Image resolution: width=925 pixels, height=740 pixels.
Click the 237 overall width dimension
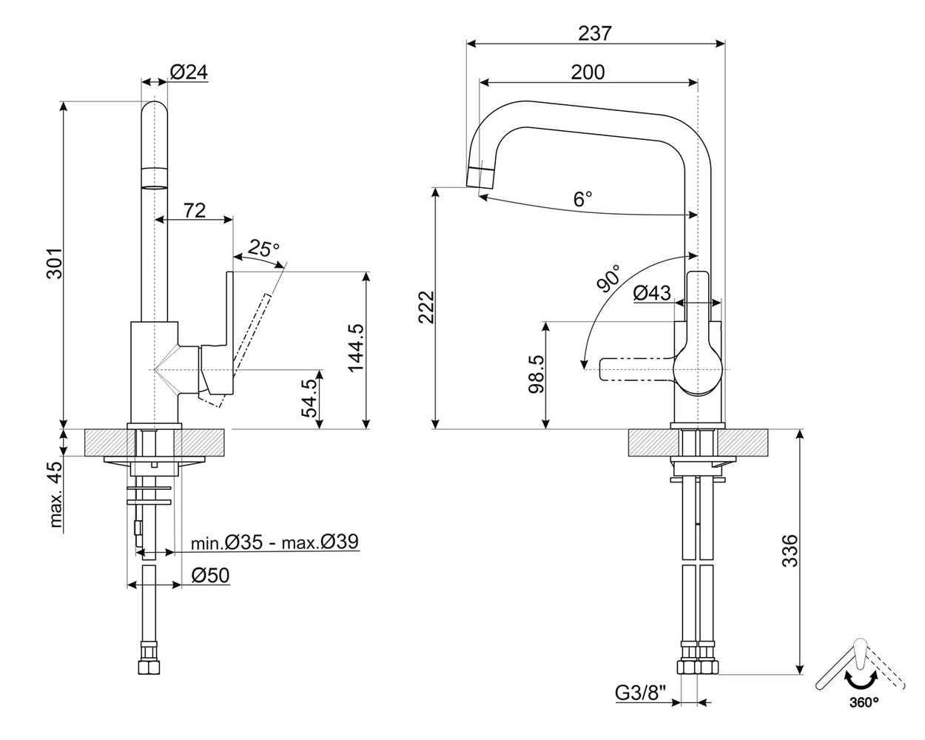(x=596, y=33)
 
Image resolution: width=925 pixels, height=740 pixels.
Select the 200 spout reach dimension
(x=588, y=72)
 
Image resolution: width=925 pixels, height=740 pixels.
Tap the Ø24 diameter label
(x=189, y=72)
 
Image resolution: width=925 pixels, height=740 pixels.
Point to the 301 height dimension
(x=54, y=263)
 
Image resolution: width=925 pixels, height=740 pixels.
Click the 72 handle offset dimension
(x=194, y=210)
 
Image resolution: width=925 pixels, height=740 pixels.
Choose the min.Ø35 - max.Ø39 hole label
(x=275, y=543)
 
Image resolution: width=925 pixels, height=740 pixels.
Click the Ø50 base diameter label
(x=210, y=575)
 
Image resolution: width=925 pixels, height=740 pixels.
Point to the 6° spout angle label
(x=583, y=198)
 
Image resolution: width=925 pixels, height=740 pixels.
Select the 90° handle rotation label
(x=608, y=278)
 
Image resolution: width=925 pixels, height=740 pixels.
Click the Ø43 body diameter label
(x=652, y=294)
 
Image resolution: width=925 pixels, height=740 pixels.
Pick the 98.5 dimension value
(x=536, y=373)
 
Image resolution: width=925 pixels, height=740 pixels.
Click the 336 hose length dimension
(x=790, y=550)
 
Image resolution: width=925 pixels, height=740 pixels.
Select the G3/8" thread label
(x=641, y=693)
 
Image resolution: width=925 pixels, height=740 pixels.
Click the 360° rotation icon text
(x=864, y=701)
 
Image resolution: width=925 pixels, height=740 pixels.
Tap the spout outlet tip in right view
(x=480, y=178)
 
